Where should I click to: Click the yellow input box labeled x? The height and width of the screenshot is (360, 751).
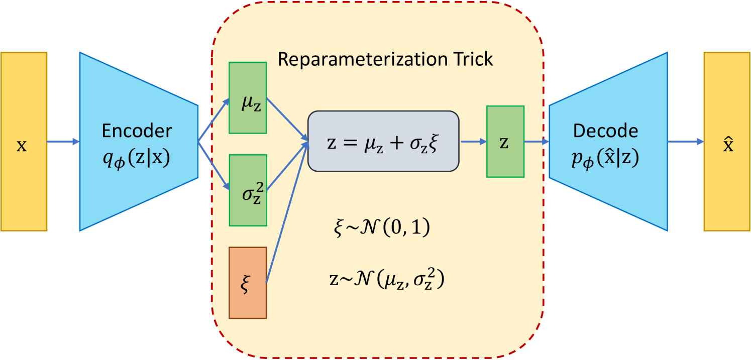coord(24,142)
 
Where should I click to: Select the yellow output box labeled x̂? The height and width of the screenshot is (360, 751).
coord(727,142)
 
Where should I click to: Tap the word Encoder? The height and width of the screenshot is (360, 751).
coord(137,131)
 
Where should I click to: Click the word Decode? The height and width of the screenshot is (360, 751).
coord(605,131)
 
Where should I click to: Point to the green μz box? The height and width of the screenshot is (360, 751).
coord(247,97)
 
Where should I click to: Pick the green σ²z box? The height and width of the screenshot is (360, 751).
coord(247,190)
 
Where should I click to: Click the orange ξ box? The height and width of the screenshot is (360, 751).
coord(247,283)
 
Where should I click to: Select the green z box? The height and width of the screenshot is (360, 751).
coord(505,142)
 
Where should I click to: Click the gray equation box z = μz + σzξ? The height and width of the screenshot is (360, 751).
coord(383,142)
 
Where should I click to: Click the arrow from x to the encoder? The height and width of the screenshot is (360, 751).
coord(63,142)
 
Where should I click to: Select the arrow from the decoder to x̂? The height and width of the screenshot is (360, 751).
coord(685,142)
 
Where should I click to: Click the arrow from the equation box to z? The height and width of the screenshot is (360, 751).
coord(473,142)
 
